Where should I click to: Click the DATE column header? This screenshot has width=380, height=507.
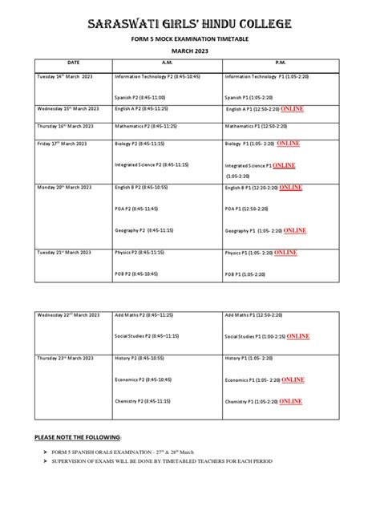(74, 62)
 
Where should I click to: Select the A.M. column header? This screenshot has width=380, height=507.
(167, 62)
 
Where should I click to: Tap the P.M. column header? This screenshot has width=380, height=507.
(281, 62)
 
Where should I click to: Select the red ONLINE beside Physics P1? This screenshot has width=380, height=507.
(285, 252)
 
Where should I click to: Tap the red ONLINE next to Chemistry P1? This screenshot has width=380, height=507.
(290, 400)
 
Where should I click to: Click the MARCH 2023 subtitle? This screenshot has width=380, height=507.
(190, 49)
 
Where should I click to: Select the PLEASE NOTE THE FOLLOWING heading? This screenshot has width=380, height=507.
(77, 437)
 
